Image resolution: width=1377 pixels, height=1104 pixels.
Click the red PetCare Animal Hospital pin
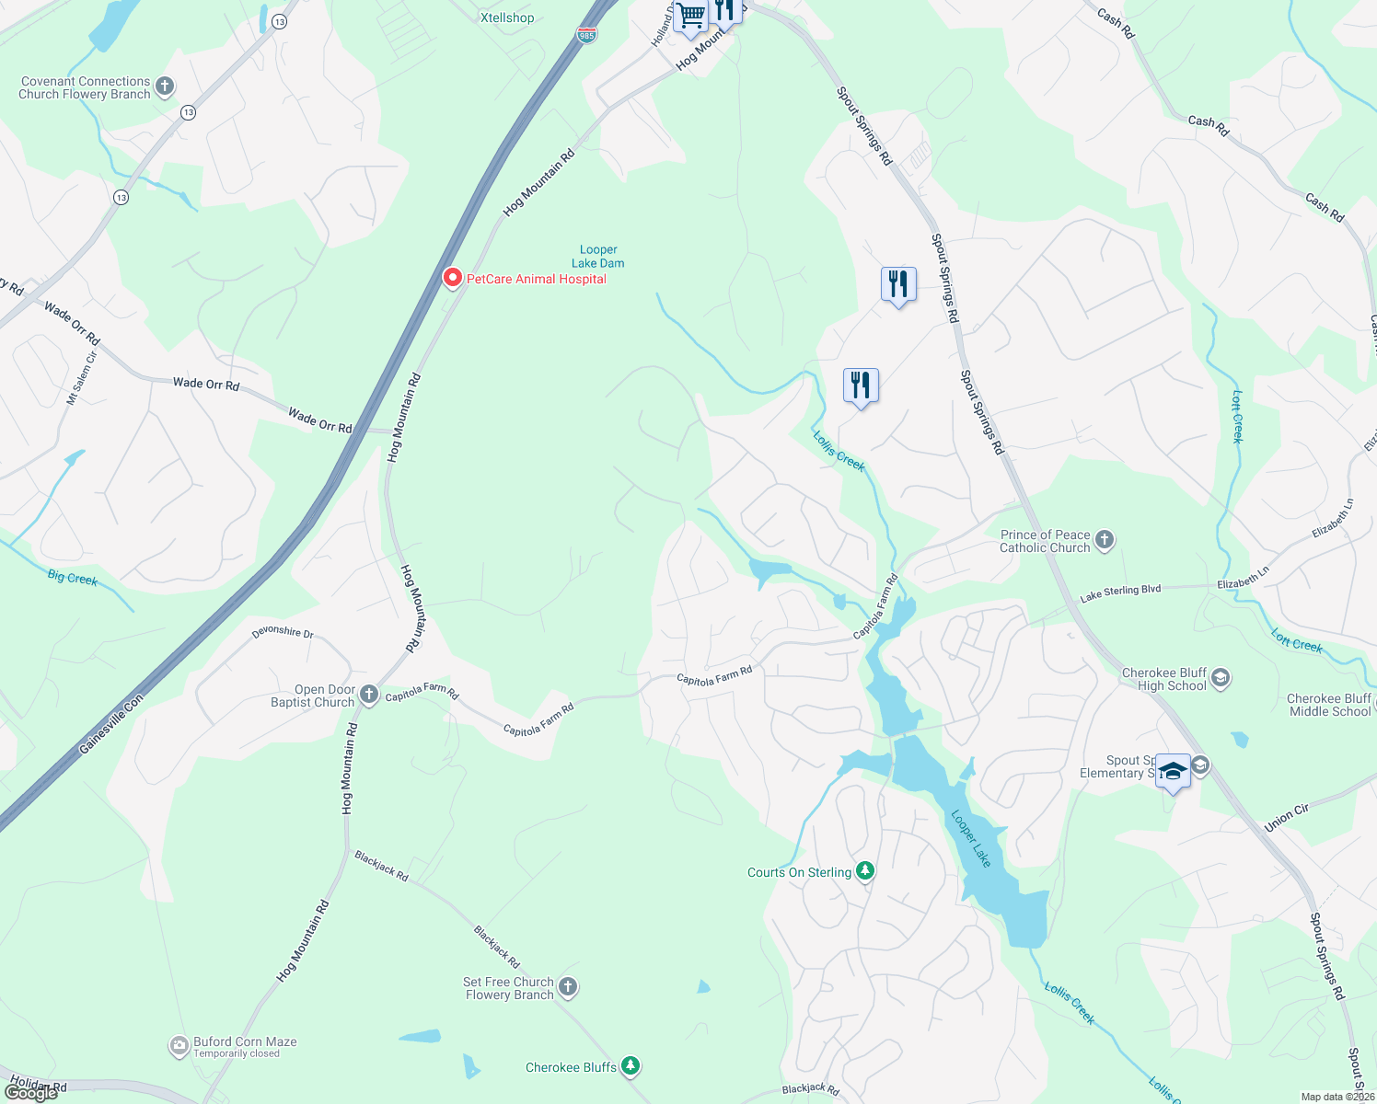point(452,277)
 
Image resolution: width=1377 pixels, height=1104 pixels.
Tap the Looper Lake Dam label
point(598,257)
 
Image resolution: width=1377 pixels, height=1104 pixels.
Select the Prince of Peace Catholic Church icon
point(1105,540)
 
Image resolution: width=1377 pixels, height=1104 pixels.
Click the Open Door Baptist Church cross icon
point(369,695)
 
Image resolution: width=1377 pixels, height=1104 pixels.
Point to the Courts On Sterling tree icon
point(864,871)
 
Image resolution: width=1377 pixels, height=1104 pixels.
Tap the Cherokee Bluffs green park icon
point(631,1066)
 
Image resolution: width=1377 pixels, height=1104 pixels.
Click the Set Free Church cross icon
point(568,987)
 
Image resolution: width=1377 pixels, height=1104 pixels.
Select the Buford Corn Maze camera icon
point(179,1046)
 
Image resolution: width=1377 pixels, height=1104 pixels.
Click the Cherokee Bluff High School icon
point(1221,679)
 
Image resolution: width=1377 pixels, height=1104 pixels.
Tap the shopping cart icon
point(690,16)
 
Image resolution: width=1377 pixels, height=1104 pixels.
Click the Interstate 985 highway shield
point(586,35)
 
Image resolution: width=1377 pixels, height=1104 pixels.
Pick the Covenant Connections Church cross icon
point(165,87)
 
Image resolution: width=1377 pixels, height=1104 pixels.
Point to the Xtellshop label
point(507,17)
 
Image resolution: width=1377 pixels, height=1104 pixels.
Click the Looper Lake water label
point(971,838)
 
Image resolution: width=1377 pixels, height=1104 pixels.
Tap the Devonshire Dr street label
point(283,633)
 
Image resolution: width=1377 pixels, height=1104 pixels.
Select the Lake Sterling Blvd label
point(1120,593)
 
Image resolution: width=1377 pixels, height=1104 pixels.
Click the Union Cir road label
point(1286,817)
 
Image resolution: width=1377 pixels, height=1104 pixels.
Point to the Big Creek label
point(73,578)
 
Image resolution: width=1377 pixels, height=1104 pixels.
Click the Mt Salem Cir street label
point(80,378)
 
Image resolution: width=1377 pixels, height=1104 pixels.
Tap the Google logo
point(31,1092)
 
